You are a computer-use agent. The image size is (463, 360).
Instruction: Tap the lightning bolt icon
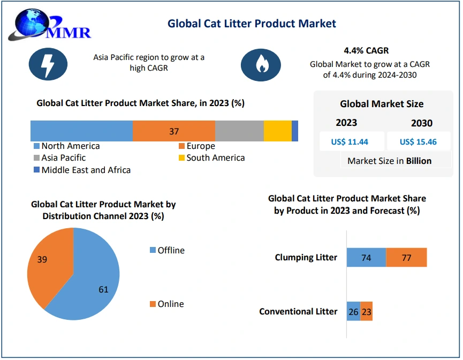tap(48, 64)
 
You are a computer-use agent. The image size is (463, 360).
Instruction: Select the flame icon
tap(261, 64)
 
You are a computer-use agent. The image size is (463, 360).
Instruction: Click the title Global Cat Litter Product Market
tap(252, 23)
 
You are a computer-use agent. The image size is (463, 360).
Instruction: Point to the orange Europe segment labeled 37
tap(173, 131)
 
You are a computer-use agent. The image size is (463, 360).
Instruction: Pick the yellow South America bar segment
tap(277, 131)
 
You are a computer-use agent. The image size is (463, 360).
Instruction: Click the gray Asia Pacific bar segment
tap(239, 131)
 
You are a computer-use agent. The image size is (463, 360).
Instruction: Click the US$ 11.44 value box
tap(352, 142)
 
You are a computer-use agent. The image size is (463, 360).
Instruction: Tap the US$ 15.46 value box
tap(418, 142)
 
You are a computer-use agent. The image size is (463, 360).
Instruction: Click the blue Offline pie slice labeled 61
tap(91, 284)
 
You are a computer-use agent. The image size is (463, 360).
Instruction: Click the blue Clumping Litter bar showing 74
tap(366, 258)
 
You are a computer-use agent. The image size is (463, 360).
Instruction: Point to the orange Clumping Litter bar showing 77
tap(406, 258)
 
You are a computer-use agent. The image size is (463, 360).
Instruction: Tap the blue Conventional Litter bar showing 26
tap(353, 312)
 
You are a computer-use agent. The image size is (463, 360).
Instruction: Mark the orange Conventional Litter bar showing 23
tap(366, 312)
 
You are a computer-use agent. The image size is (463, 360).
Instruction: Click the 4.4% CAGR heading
tap(369, 51)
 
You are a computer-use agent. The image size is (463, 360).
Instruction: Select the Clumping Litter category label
tap(306, 258)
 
